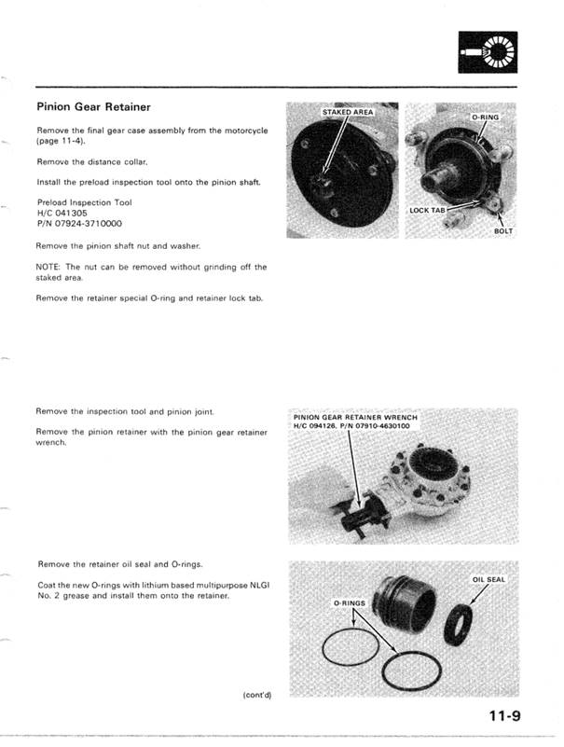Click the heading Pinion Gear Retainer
click(x=93, y=107)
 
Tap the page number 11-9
click(x=503, y=716)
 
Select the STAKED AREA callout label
click(x=347, y=112)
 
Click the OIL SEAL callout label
click(x=488, y=579)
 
